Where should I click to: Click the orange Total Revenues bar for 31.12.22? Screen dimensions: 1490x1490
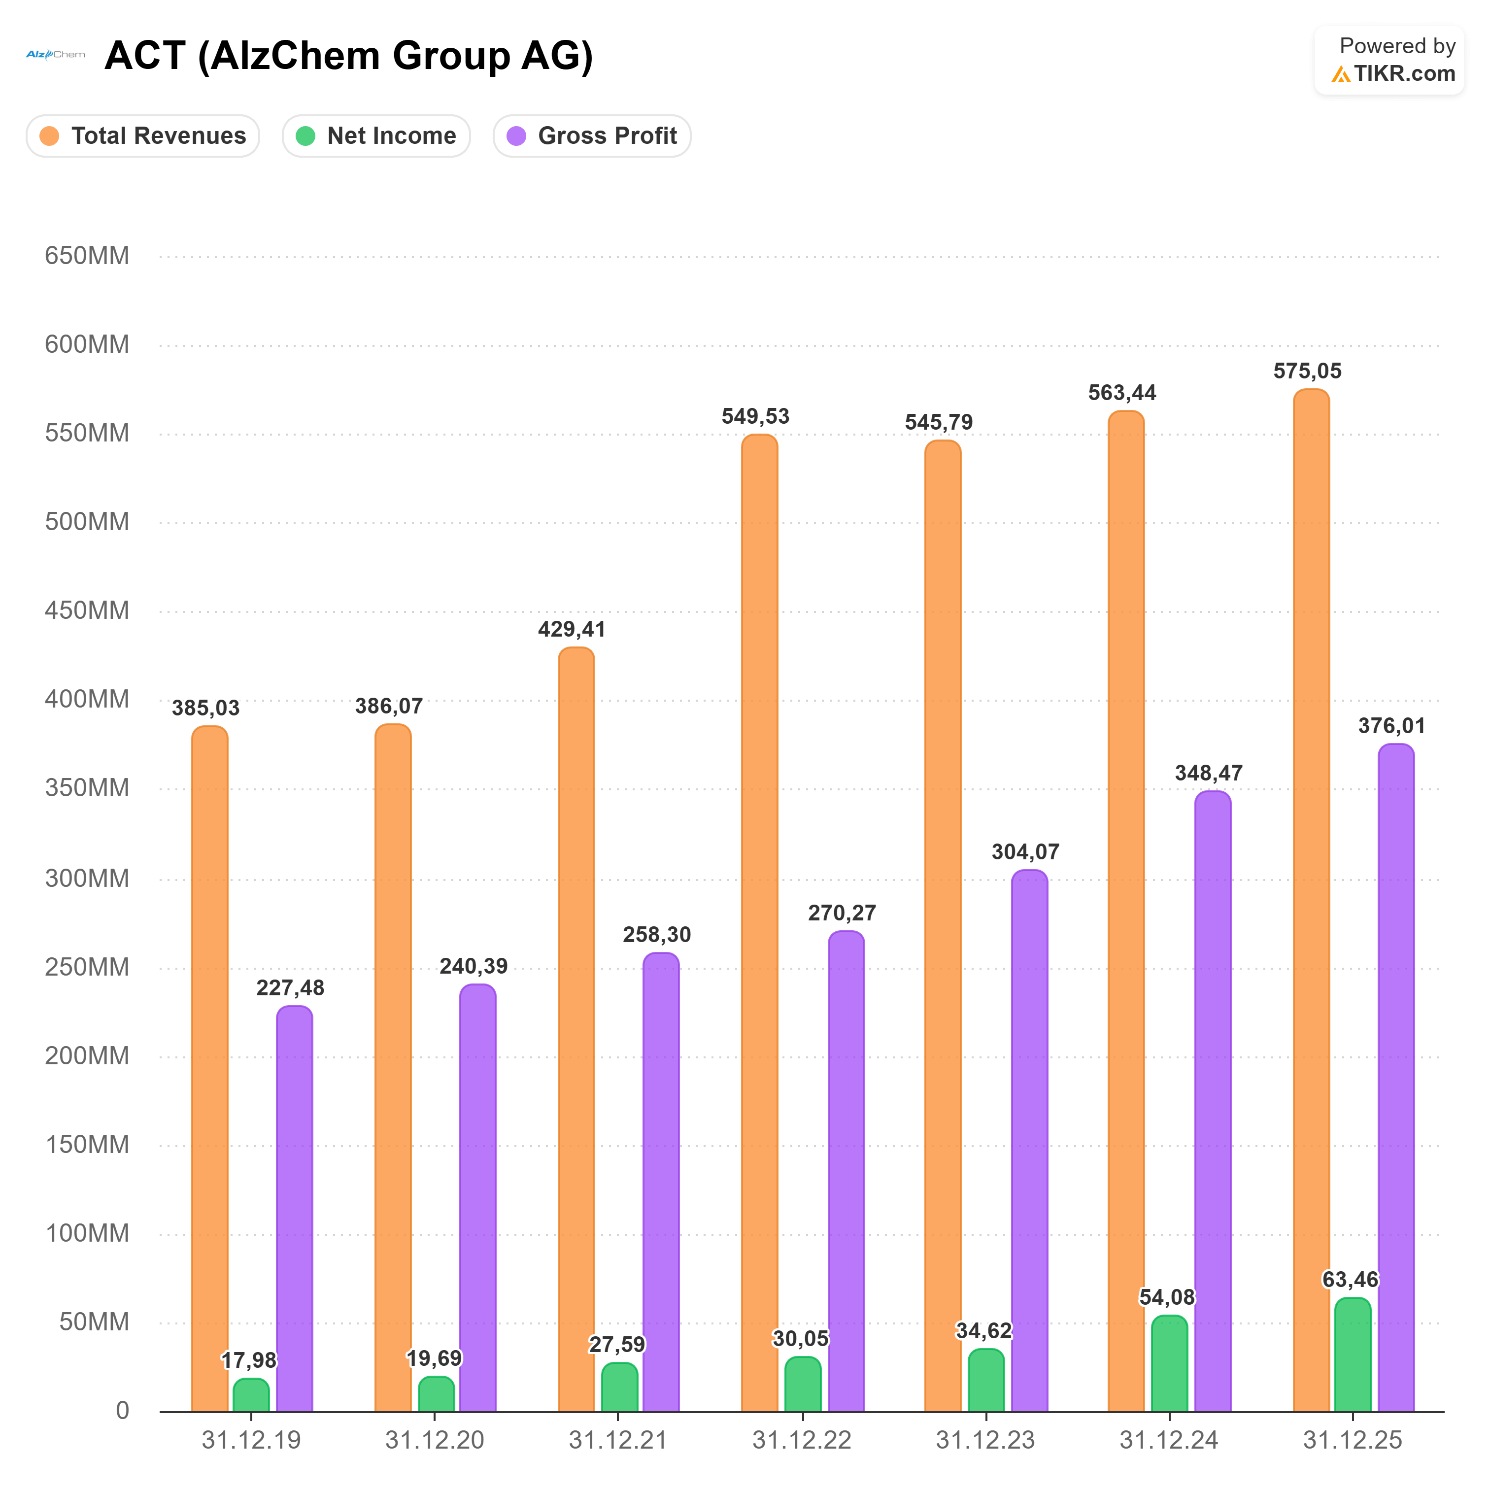coord(760,923)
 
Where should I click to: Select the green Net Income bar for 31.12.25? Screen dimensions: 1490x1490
coord(1353,1355)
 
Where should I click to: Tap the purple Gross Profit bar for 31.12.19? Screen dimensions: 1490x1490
coord(295,1209)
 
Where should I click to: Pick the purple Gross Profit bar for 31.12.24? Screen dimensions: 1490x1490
coord(1213,1101)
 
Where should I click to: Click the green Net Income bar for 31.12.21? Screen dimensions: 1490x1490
coord(620,1388)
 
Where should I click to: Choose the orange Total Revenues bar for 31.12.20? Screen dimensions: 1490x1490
coord(393,1068)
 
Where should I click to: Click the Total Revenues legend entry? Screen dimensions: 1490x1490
coord(143,135)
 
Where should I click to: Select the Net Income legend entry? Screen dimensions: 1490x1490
coord(376,135)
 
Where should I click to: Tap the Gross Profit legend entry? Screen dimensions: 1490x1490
coord(592,135)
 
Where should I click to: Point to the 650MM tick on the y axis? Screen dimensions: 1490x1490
coord(87,255)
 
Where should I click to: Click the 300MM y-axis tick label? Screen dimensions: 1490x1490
coord(87,879)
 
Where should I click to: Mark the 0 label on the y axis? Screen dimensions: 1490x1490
coord(123,1411)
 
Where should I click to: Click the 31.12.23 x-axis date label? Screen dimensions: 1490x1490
coord(985,1440)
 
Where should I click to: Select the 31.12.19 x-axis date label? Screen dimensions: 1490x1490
coord(251,1440)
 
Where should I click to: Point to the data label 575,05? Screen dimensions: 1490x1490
coord(1307,371)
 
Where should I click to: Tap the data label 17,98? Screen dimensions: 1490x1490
coord(249,1360)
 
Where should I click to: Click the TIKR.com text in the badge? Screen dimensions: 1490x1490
coord(1404,73)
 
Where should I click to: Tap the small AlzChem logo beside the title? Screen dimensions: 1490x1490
coord(56,54)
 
